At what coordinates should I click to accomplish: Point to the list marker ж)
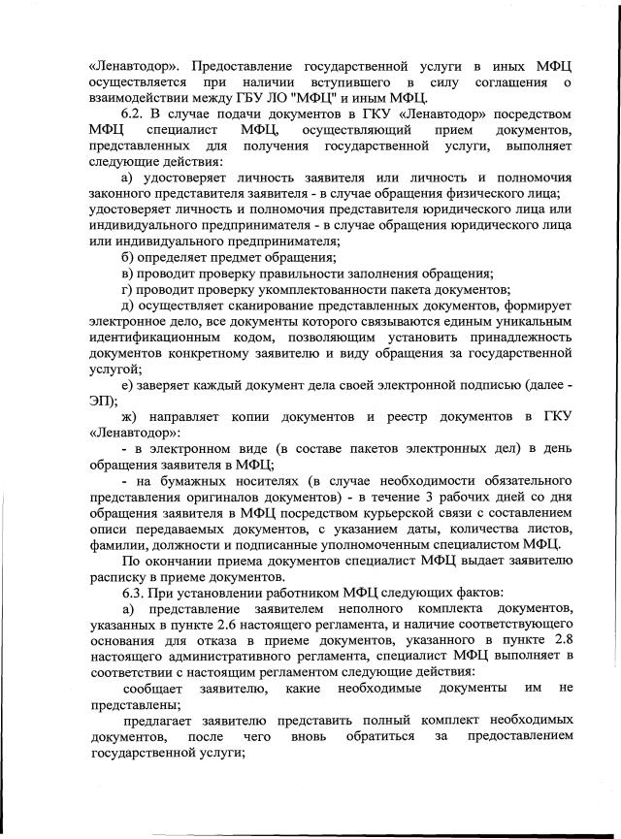click(x=131, y=416)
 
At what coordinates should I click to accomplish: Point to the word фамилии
click(x=116, y=543)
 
